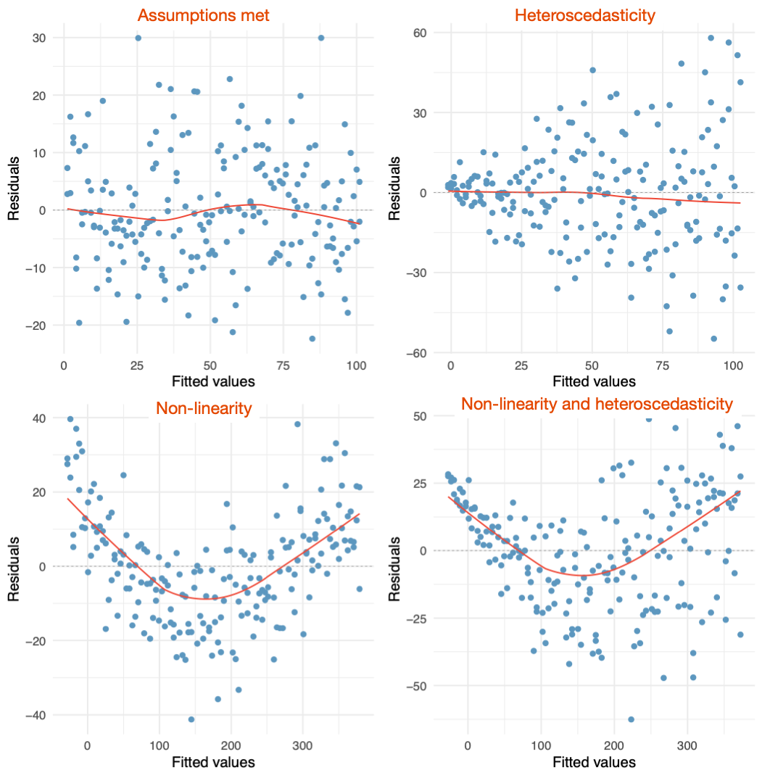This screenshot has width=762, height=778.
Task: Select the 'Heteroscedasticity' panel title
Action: pos(594,15)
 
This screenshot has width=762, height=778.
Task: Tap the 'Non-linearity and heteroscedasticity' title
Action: pos(597,404)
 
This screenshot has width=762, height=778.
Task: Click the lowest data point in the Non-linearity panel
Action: pos(191,719)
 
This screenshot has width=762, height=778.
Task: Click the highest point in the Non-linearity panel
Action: pos(70,419)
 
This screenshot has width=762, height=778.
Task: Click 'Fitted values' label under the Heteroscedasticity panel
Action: pos(594,381)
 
